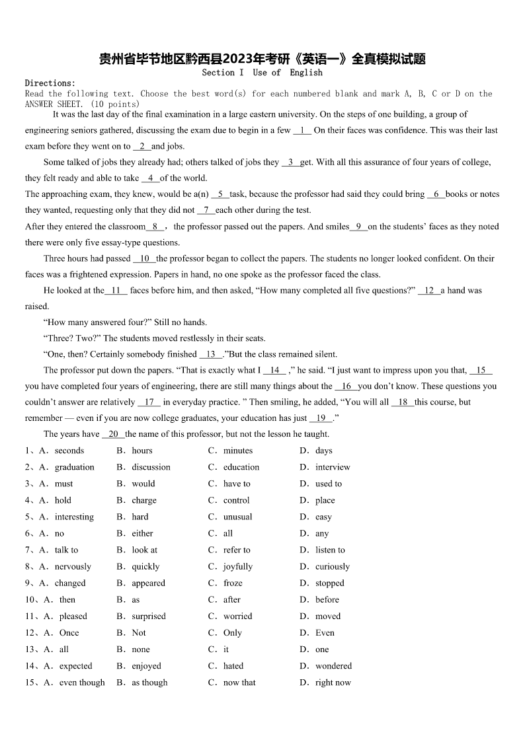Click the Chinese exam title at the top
(x=262, y=59)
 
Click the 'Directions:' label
(x=50, y=83)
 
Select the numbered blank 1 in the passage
(x=302, y=130)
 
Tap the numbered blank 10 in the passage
(x=145, y=258)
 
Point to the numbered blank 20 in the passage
(x=113, y=433)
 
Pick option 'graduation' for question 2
(x=74, y=467)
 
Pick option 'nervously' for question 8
(x=73, y=566)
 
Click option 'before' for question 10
(x=327, y=600)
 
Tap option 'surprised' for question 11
(x=148, y=616)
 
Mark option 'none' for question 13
(x=140, y=649)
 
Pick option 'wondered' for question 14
(x=333, y=666)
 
